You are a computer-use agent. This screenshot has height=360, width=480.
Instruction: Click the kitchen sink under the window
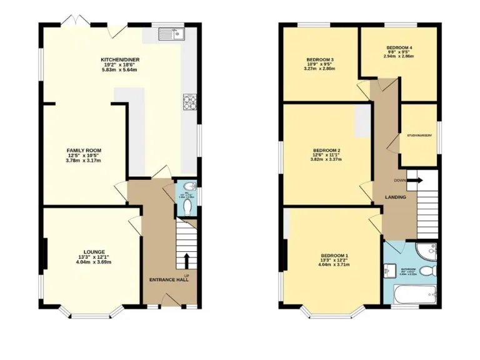(169, 35)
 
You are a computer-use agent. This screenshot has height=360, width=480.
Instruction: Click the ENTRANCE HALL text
(169, 279)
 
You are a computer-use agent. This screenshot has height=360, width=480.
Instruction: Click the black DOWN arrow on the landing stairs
(417, 181)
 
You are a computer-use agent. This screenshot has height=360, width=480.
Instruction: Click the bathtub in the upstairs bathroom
(414, 293)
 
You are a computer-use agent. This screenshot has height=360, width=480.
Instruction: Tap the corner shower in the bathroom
(427, 251)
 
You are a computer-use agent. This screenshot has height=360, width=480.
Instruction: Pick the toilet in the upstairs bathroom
(427, 271)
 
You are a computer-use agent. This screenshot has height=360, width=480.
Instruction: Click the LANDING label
(395, 197)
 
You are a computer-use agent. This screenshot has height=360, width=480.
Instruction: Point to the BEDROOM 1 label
(334, 256)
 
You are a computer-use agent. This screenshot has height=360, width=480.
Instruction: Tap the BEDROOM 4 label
(399, 47)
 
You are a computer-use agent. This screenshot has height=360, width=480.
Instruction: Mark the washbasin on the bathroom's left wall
(389, 270)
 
